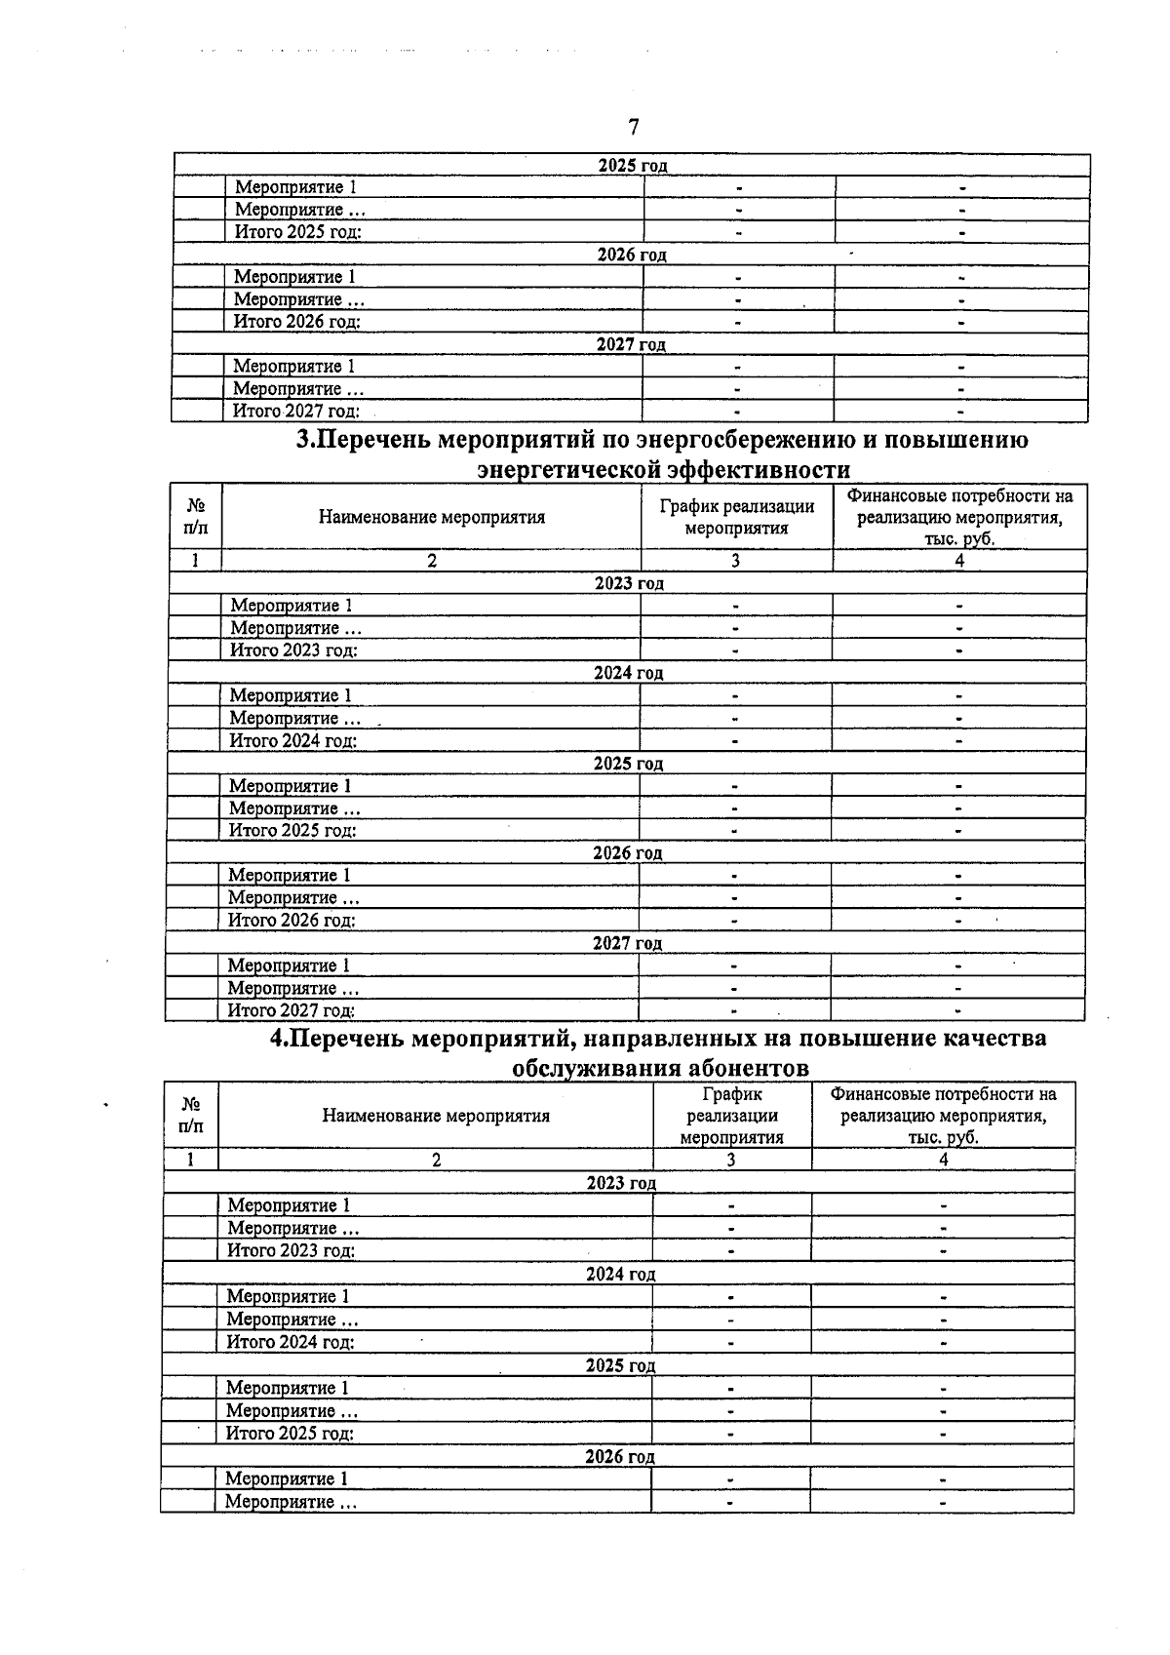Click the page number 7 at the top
coord(633,127)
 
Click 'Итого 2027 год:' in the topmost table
coord(295,412)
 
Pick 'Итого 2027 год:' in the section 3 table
coord(291,1011)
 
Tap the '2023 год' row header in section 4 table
coord(621,1183)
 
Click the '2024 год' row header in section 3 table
coord(628,673)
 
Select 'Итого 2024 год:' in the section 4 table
coord(290,1342)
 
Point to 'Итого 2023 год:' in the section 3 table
coord(292,650)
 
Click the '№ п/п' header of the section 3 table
coord(195,517)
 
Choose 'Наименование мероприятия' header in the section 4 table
coord(436,1116)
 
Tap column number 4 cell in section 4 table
coord(943,1160)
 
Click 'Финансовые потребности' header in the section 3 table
coord(959,517)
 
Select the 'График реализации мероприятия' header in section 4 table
coord(731,1116)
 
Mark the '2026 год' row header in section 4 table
coord(619,1457)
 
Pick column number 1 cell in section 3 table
coord(195,561)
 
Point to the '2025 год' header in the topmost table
coord(632,165)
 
